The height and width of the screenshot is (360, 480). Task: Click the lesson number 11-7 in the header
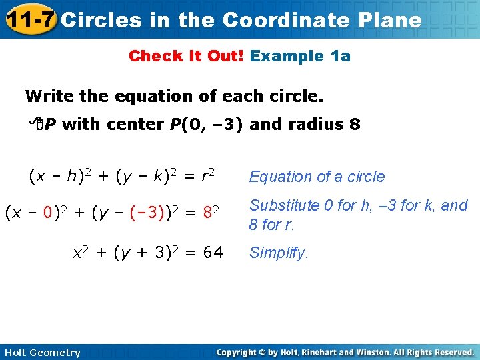[x=29, y=19]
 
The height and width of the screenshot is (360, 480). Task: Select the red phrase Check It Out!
[x=187, y=56]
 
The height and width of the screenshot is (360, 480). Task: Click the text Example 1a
[x=300, y=56]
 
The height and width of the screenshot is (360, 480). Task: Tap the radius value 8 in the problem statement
[x=355, y=124]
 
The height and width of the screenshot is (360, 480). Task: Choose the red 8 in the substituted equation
[x=207, y=214]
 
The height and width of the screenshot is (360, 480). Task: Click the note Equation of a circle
[x=317, y=177]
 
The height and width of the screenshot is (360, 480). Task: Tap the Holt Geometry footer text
[x=41, y=353]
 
